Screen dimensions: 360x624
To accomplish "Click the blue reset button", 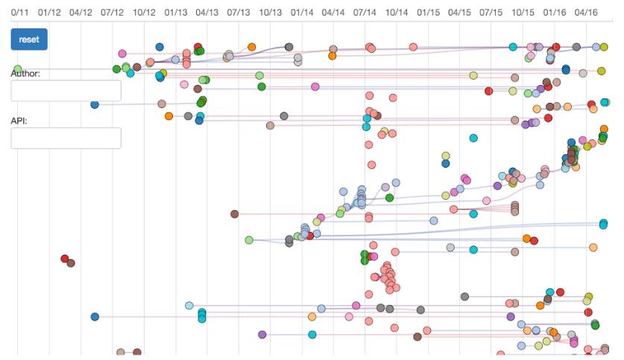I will coord(29,40).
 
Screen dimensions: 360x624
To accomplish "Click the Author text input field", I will coord(66,91).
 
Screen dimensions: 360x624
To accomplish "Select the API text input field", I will coord(66,138).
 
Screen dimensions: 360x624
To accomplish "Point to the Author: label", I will coord(25,73).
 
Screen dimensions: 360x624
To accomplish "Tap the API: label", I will coord(19,120).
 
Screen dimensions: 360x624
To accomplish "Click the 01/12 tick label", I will coord(48,13).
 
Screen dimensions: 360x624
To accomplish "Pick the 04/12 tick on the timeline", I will coord(81,13).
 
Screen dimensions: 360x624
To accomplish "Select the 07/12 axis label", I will coord(112,13).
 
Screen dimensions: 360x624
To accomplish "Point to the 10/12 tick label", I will coord(144,13).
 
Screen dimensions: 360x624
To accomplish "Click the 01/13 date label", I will coord(176,13).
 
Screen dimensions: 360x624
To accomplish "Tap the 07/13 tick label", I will coord(239,13).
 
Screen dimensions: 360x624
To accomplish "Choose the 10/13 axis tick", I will coord(271,13).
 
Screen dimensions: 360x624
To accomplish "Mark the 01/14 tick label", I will coord(302,13).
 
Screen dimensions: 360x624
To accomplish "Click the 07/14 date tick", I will coord(365,13).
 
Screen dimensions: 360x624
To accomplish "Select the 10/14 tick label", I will coord(397,13).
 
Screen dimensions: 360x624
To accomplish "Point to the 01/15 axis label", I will coord(429,13).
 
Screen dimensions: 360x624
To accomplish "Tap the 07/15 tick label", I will coord(492,13).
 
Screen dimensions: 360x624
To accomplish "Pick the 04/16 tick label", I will coord(587,13).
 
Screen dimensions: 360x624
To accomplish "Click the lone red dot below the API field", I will coord(65,259).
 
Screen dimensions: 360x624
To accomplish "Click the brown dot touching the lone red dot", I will coord(71,263).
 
